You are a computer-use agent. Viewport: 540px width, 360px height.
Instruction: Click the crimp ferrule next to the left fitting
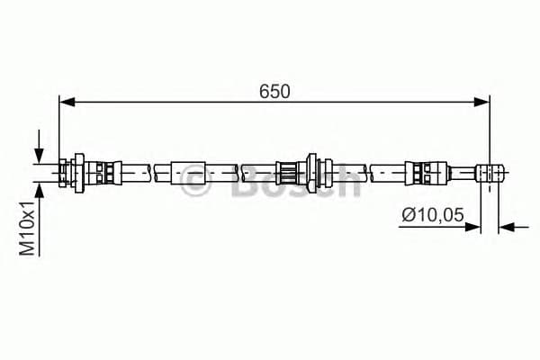click(x=105, y=171)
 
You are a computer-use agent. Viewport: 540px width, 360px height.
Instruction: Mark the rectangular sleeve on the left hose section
click(x=186, y=171)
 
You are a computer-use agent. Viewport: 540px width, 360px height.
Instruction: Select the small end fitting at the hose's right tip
click(x=490, y=171)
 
